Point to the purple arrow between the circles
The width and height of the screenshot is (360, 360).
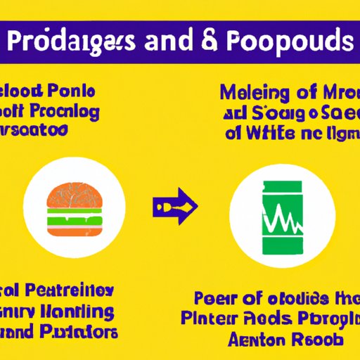(175, 207)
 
